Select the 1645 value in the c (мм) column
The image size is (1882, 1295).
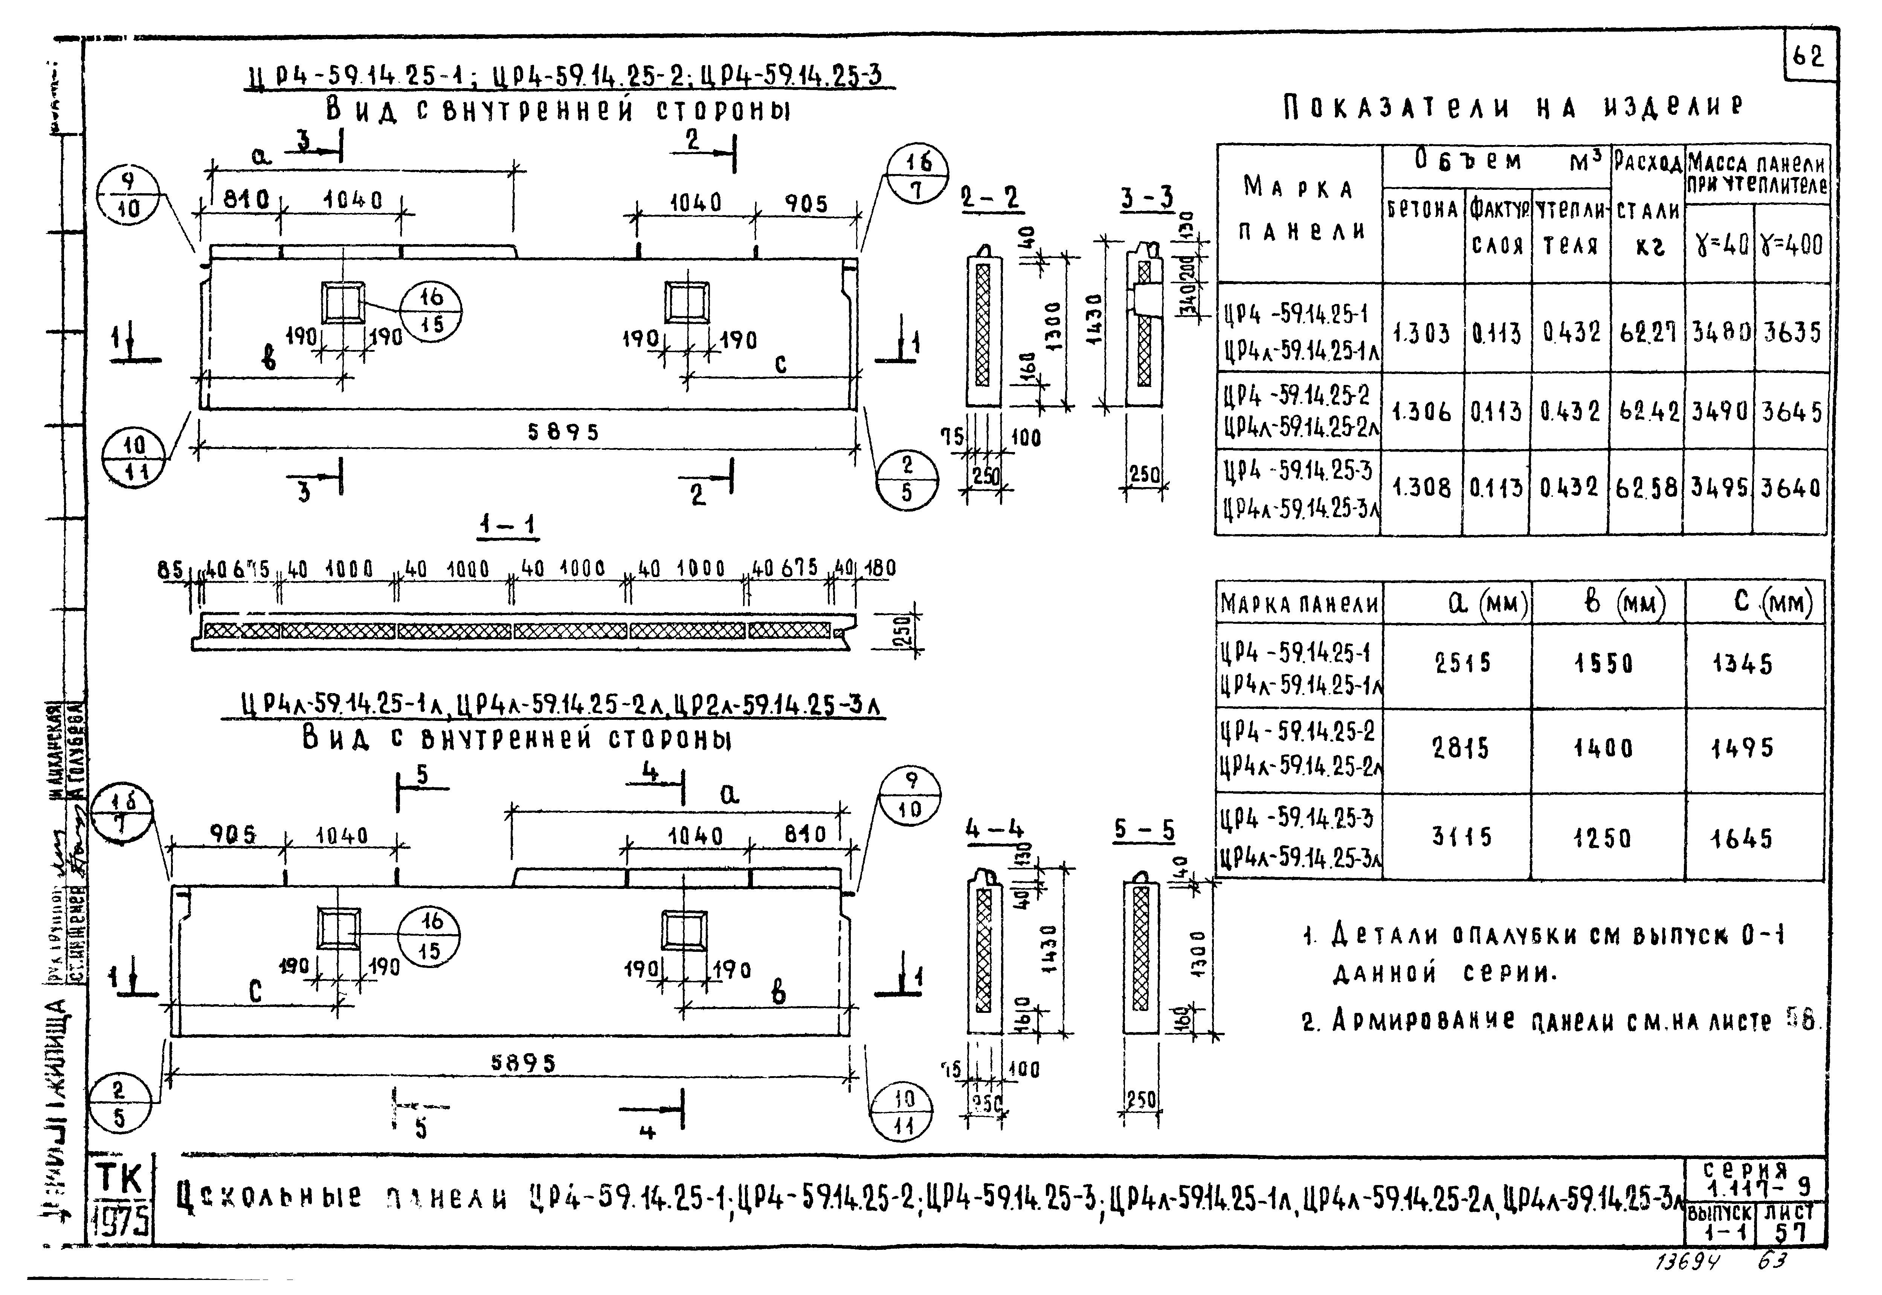(1743, 838)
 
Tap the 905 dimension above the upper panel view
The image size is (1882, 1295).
(806, 204)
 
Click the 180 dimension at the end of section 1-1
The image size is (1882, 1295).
(879, 569)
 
